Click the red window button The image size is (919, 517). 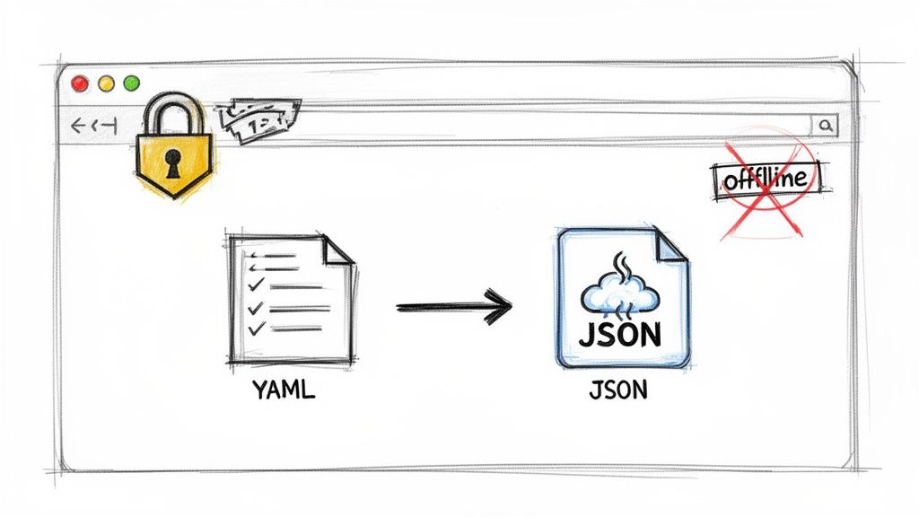pyautogui.click(x=80, y=83)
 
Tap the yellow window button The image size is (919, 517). pyautogui.click(x=106, y=83)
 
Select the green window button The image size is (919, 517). pyautogui.click(x=132, y=83)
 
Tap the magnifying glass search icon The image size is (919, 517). pyautogui.click(x=826, y=126)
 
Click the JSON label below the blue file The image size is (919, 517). pyautogui.click(x=619, y=391)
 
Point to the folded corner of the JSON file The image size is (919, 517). pyautogui.click(x=672, y=245)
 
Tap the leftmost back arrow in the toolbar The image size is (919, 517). pyautogui.click(x=77, y=127)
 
